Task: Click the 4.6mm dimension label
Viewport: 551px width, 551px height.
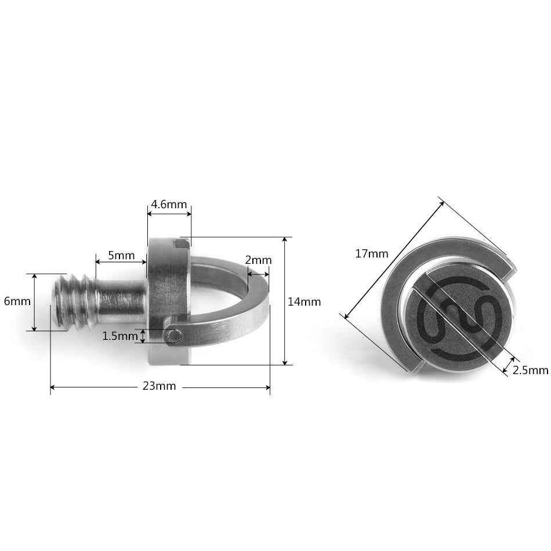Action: point(169,204)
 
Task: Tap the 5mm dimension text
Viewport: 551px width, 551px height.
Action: point(121,255)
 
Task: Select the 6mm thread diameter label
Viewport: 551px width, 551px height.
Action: point(17,301)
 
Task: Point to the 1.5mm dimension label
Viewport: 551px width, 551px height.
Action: point(120,336)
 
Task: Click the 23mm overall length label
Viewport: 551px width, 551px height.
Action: point(159,386)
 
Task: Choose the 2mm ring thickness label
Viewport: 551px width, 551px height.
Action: point(258,260)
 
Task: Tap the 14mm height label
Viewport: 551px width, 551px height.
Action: point(304,302)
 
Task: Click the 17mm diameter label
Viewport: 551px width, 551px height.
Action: point(372,253)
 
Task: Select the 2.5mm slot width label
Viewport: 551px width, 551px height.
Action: point(531,371)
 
